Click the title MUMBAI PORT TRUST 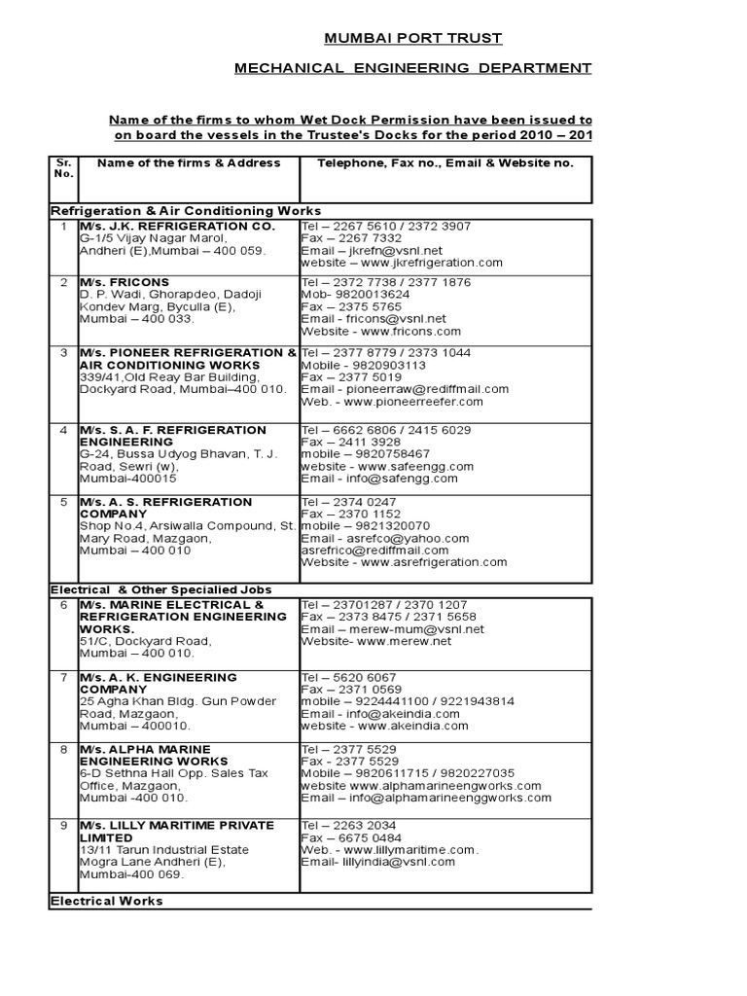point(412,38)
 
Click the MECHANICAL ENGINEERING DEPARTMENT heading point(412,68)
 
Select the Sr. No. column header point(63,167)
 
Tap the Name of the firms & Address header point(189,162)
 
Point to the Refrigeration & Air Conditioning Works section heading point(185,211)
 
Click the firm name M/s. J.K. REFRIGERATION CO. point(177,226)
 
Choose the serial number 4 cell point(63,430)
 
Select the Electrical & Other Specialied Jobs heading point(160,589)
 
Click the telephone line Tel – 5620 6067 point(350,678)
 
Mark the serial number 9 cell point(63,826)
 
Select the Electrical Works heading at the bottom point(106,902)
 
